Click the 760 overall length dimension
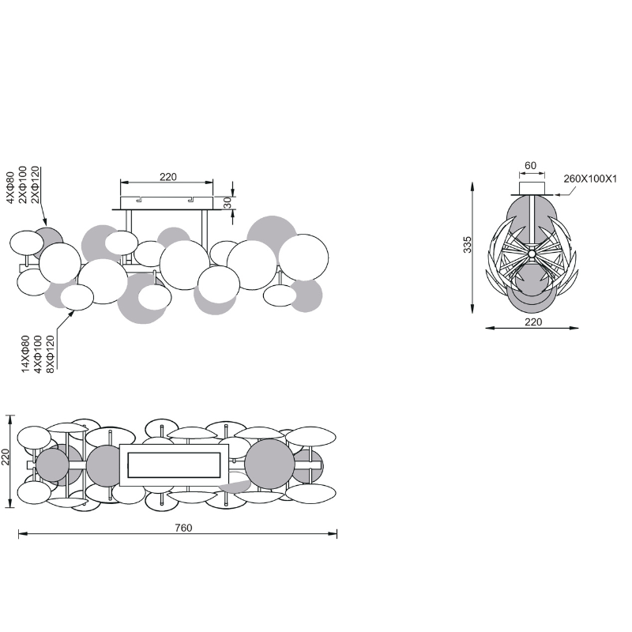(184, 528)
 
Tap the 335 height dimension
(467, 245)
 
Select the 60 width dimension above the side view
(530, 166)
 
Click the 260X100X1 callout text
(590, 179)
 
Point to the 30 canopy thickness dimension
(228, 202)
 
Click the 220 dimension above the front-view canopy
(168, 177)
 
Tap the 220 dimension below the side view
(533, 322)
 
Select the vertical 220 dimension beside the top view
(6, 457)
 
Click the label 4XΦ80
(10, 188)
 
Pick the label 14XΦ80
(25, 354)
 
